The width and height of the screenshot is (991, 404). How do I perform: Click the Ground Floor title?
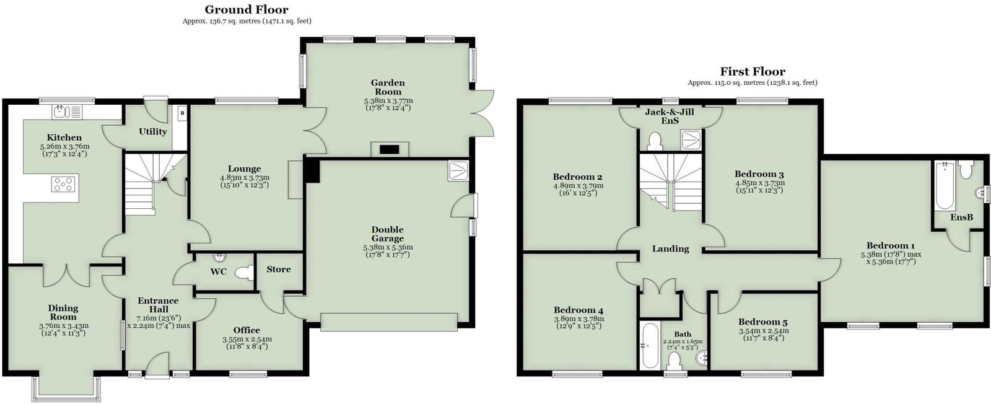pyautogui.click(x=247, y=9)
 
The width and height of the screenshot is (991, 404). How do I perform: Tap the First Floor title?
pyautogui.click(x=752, y=71)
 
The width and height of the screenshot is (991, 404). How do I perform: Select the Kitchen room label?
pyautogui.click(x=64, y=138)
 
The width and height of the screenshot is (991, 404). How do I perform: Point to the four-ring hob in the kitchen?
pyautogui.click(x=64, y=184)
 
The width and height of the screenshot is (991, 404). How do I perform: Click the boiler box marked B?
pyautogui.click(x=183, y=113)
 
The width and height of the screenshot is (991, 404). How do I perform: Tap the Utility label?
pyautogui.click(x=153, y=131)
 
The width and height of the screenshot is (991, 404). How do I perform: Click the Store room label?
pyautogui.click(x=279, y=269)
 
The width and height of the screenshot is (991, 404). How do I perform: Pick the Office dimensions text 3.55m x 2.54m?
pyautogui.click(x=247, y=340)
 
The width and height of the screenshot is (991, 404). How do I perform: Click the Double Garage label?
pyautogui.click(x=388, y=234)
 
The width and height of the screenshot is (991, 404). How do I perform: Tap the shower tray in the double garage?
pyautogui.click(x=458, y=171)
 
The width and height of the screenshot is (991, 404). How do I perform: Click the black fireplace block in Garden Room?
pyautogui.click(x=390, y=149)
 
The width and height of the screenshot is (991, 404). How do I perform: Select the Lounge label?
pyautogui.click(x=244, y=169)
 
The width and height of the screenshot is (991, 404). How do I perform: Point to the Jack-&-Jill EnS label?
pyautogui.click(x=670, y=116)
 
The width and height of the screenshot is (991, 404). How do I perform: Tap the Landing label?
pyautogui.click(x=671, y=248)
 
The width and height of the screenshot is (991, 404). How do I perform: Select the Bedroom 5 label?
pyautogui.click(x=762, y=322)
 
